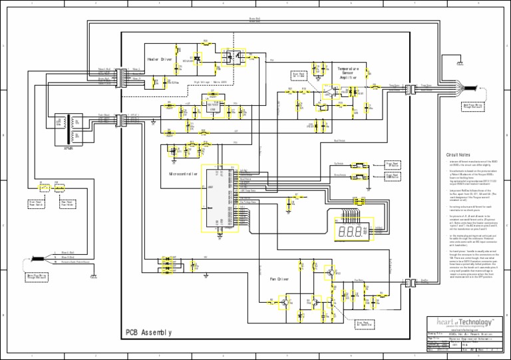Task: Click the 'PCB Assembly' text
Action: (148, 332)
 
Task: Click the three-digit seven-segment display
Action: (350, 232)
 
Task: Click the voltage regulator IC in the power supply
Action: (213, 104)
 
